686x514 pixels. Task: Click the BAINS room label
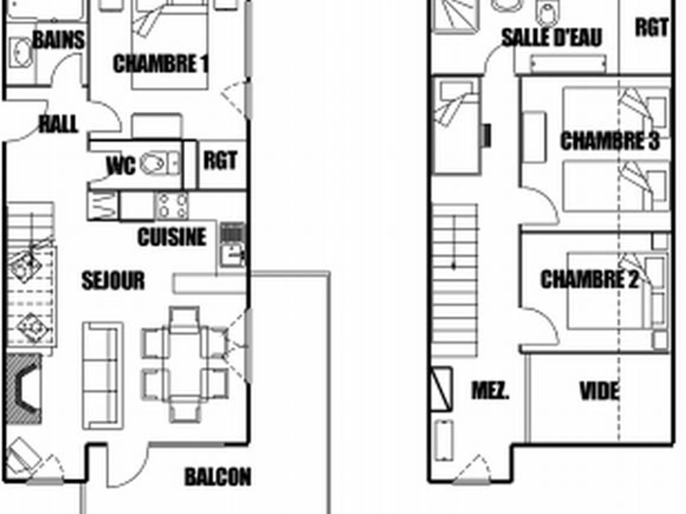tap(58, 40)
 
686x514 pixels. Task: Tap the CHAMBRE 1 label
tap(160, 64)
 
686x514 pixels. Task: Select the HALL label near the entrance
tap(58, 124)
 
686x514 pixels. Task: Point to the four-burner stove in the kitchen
tap(172, 206)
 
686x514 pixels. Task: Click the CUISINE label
tap(172, 237)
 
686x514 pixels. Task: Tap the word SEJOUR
tap(113, 281)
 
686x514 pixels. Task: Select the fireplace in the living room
tap(24, 389)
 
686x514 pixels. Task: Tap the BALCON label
tap(218, 477)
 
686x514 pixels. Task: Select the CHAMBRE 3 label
tap(610, 141)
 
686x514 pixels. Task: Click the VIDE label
tap(599, 391)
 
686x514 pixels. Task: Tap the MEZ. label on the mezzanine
tap(490, 391)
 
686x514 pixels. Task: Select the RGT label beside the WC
tap(220, 160)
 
